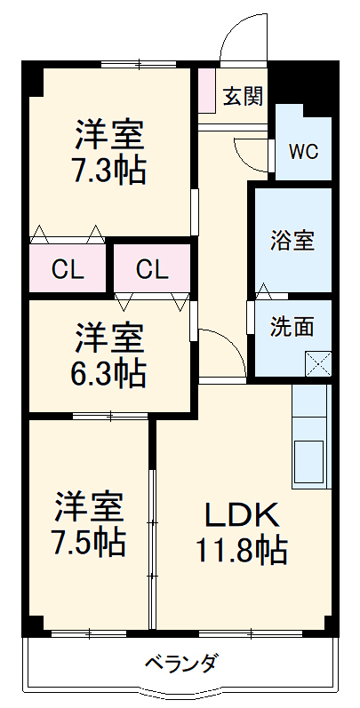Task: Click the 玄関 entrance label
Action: [242, 96]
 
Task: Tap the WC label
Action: [303, 150]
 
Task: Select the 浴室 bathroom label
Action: [292, 240]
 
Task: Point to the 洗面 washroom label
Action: [292, 326]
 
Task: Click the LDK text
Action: [243, 514]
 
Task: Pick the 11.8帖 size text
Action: [242, 552]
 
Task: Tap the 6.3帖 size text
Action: [108, 373]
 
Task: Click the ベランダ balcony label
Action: [180, 663]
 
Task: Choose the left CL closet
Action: [67, 268]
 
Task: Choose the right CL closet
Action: [152, 268]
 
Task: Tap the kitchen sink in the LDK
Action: [311, 461]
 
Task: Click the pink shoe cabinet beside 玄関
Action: [206, 90]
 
